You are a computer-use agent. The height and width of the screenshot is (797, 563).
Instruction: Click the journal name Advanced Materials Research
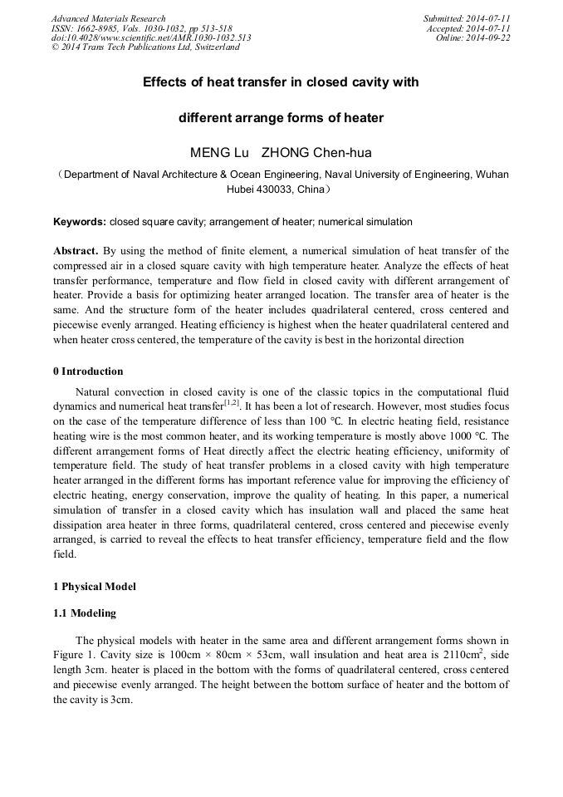108,18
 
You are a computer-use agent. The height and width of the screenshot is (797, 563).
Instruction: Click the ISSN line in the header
141,28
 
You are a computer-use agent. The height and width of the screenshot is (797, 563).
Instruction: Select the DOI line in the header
151,38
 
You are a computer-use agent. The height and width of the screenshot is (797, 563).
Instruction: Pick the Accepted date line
468,28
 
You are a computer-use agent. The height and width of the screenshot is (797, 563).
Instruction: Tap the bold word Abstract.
76,250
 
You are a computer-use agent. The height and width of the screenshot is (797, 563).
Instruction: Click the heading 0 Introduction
88,371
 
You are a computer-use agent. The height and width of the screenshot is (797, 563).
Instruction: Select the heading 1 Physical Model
94,586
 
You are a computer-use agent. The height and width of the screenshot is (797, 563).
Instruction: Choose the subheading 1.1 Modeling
84,613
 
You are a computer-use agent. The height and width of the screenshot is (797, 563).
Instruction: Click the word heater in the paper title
364,118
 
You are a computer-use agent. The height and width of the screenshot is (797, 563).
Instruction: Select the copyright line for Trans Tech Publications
145,48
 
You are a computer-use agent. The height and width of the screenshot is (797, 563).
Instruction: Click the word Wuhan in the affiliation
492,175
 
